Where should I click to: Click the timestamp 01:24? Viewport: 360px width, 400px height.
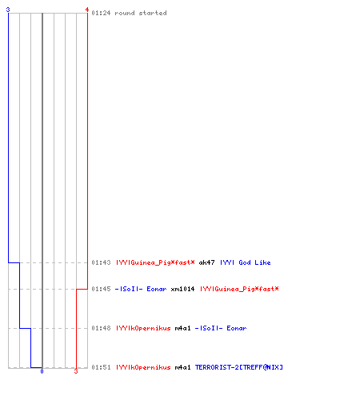point(101,13)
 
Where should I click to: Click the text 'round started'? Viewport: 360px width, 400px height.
point(141,13)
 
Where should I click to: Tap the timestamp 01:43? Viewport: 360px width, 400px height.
point(101,262)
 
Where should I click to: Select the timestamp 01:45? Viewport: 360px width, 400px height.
point(101,289)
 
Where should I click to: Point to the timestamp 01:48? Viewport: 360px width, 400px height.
point(101,328)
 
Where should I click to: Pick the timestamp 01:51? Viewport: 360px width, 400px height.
point(101,367)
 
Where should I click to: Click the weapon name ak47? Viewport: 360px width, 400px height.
point(206,262)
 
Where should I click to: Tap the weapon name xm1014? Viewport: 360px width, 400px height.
point(182,289)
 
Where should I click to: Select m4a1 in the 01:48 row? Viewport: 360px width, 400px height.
point(182,328)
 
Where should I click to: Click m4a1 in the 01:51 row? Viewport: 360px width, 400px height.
point(182,367)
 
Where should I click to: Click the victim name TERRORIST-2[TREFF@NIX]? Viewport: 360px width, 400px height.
point(239,367)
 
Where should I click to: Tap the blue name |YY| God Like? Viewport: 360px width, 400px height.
point(246,262)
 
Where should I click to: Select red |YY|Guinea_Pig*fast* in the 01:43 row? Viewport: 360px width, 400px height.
point(155,262)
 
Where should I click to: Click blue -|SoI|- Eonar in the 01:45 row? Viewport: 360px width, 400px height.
point(141,289)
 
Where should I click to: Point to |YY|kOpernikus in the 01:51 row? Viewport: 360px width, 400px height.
point(143,367)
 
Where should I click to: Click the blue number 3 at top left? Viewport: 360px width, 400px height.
point(8,10)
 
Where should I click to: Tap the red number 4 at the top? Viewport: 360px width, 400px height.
point(87,10)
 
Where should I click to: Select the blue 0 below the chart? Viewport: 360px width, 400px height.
point(42,371)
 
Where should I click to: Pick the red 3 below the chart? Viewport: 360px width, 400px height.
point(76,371)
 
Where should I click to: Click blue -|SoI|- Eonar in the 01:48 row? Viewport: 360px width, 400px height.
point(221,328)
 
